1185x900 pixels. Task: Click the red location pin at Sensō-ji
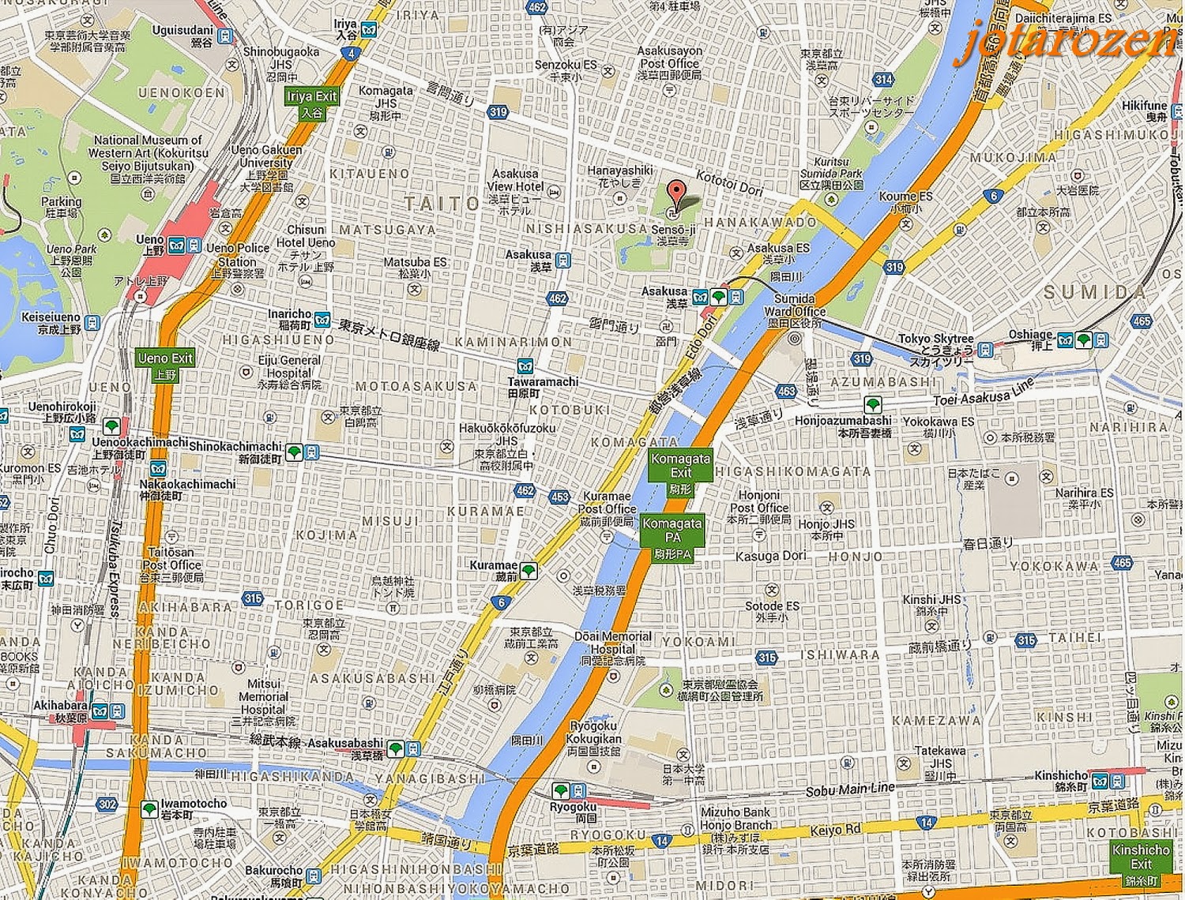click(675, 193)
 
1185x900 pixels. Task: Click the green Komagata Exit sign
click(680, 473)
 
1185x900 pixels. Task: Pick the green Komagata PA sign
click(672, 538)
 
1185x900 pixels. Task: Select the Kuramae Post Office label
click(607, 509)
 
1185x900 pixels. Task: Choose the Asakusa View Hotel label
click(516, 186)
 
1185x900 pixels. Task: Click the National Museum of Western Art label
click(148, 153)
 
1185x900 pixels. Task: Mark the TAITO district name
click(442, 204)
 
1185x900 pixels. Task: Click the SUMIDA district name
click(1094, 293)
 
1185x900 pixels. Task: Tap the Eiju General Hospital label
click(289, 366)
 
